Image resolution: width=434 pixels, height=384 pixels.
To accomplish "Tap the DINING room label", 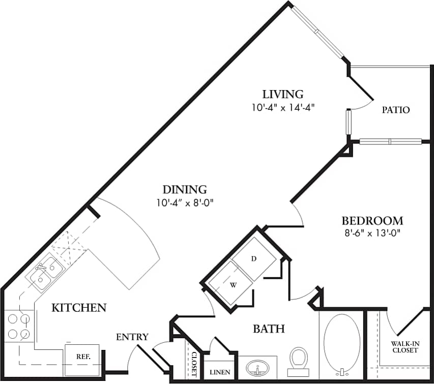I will [x=184, y=190].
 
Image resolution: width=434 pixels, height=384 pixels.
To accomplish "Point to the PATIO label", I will [x=396, y=110].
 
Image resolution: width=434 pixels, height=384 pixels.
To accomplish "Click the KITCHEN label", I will [x=79, y=307].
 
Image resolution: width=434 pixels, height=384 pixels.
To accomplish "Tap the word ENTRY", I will [x=132, y=337].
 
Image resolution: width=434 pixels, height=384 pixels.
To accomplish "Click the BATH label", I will [x=268, y=329].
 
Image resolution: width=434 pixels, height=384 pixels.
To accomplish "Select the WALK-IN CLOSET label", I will [x=404, y=347].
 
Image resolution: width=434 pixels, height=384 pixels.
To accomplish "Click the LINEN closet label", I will [x=219, y=372].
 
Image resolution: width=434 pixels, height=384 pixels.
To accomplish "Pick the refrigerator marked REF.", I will [x=82, y=357].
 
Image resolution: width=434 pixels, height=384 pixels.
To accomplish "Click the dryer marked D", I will [x=254, y=259].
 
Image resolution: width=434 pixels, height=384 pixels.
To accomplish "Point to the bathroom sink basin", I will [x=258, y=368].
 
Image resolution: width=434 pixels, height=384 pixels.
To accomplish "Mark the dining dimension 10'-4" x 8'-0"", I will [x=184, y=202].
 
